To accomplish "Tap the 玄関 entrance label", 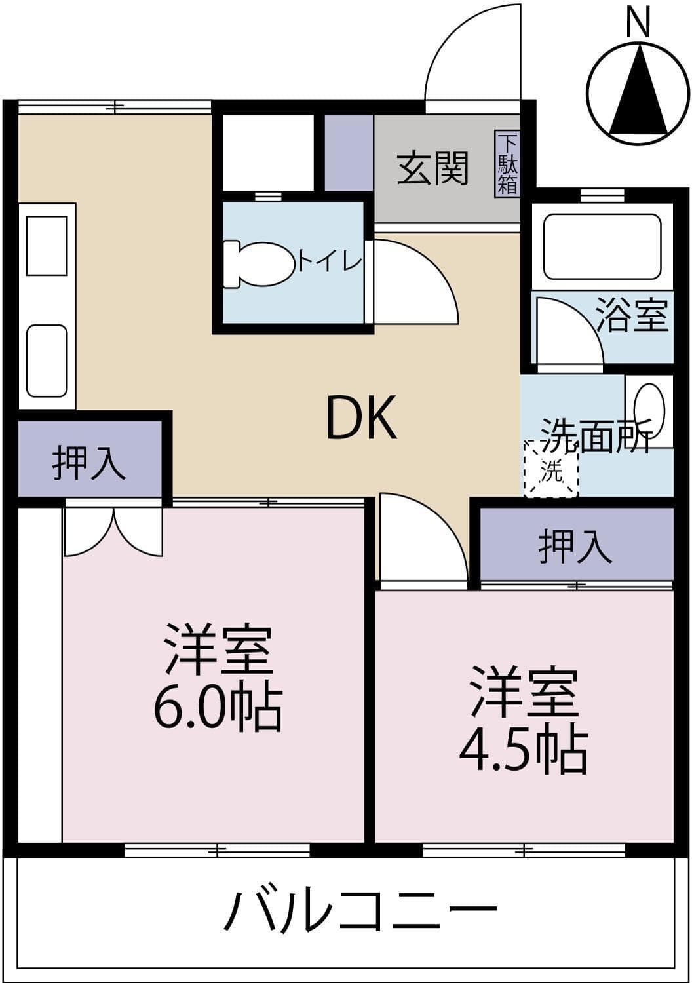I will (x=433, y=168).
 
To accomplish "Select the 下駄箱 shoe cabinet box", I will (x=507, y=164).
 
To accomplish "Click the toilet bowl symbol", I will (x=259, y=264).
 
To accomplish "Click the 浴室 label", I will (x=632, y=316).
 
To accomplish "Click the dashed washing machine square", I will (x=550, y=469).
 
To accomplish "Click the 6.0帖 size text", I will (x=218, y=710).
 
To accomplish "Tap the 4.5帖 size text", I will (x=523, y=751).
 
